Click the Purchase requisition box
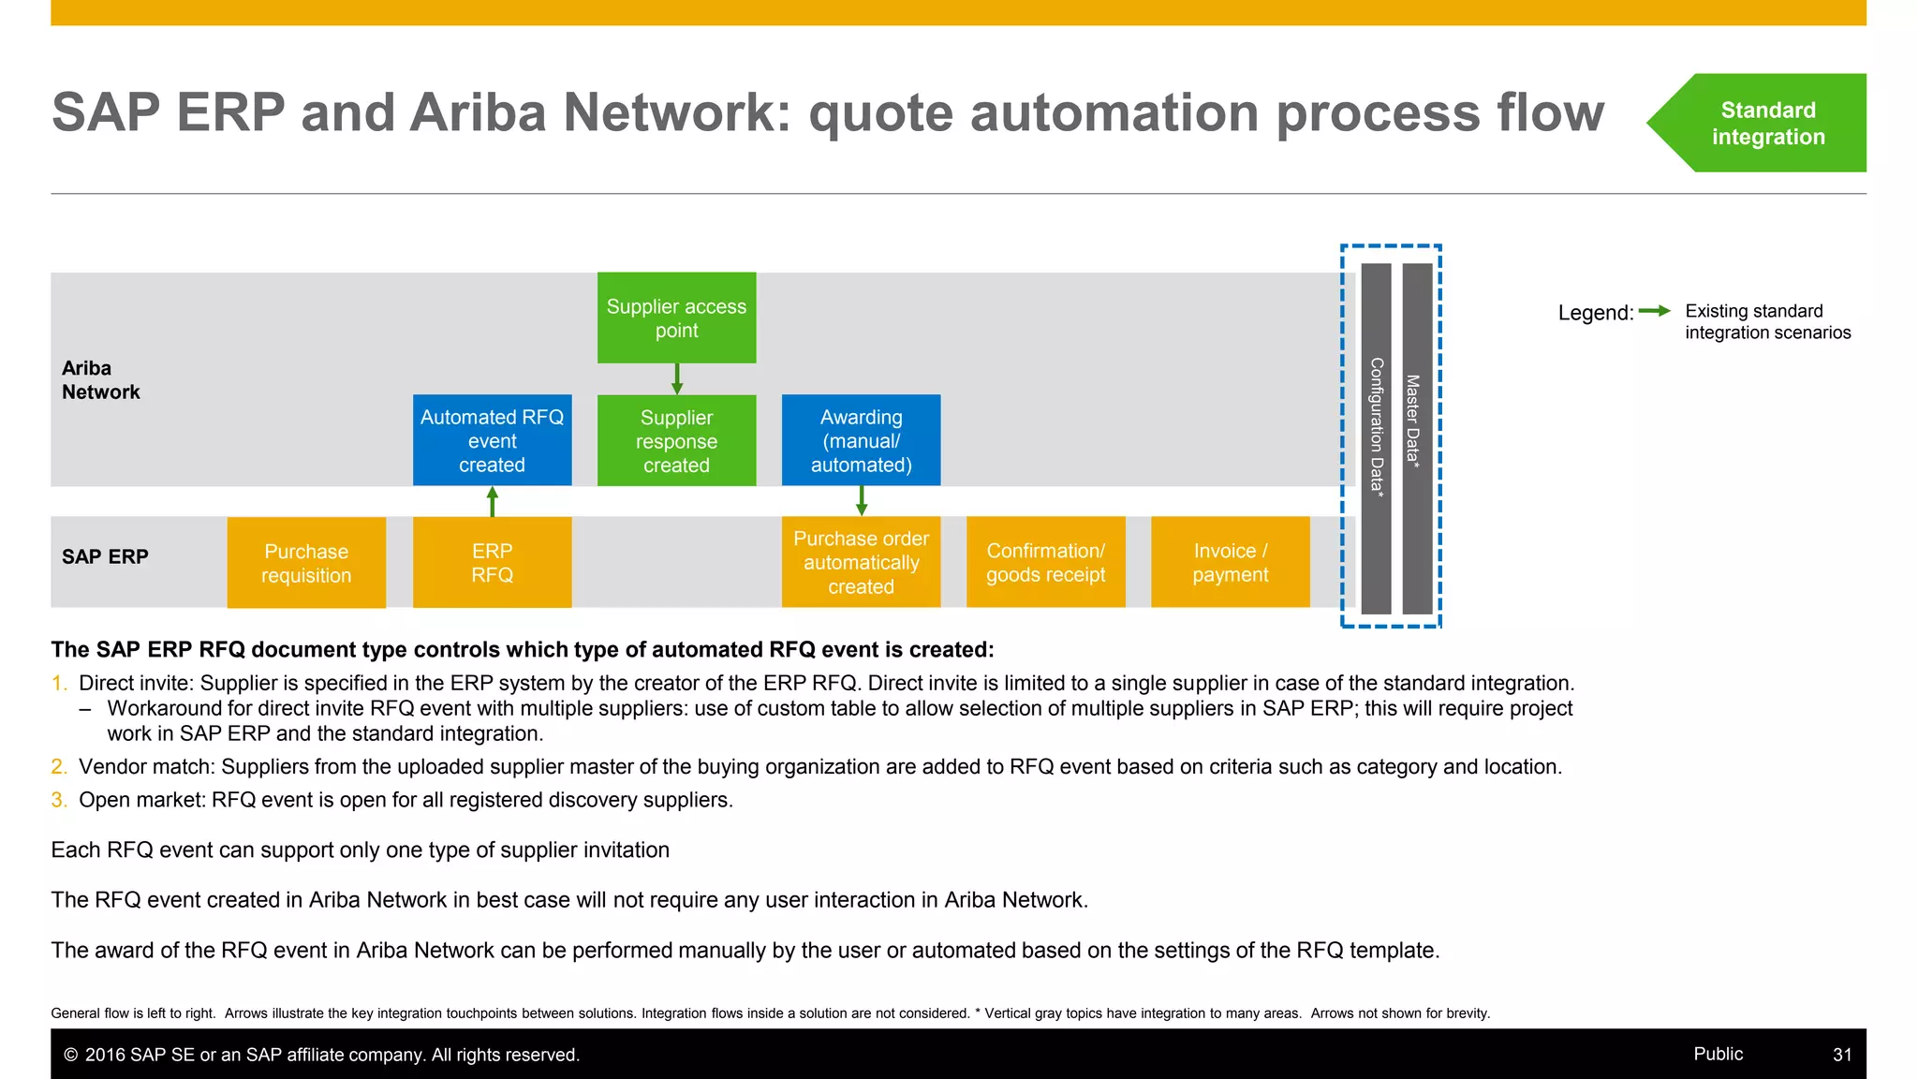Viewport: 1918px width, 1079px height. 306,563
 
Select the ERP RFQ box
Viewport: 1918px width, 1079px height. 492,563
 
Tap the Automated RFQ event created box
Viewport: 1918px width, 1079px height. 492,440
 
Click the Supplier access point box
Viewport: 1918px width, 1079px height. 676,318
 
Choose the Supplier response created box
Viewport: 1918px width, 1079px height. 676,440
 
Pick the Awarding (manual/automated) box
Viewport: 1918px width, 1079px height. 861,440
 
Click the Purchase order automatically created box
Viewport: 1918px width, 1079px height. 861,562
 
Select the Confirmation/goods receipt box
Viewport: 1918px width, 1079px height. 1045,562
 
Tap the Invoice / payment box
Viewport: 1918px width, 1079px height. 1230,562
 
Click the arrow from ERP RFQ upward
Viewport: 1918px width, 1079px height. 493,501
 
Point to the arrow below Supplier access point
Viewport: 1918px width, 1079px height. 677,378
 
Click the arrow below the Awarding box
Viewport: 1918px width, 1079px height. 862,501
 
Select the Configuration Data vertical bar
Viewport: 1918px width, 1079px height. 1376,438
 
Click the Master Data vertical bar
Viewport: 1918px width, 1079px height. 1417,438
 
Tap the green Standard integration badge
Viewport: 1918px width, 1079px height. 1766,123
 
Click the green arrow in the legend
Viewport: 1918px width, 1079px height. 1655,311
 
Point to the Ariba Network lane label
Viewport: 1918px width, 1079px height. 100,380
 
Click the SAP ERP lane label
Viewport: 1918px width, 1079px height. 105,556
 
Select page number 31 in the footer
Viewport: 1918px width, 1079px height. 1841,1055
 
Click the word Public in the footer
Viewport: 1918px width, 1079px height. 1718,1054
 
